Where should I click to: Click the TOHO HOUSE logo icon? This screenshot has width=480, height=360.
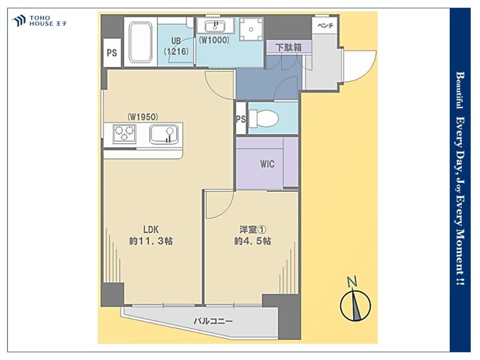(18, 21)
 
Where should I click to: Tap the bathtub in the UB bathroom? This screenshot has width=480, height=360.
(141, 42)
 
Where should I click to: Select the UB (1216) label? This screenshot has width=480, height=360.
(176, 46)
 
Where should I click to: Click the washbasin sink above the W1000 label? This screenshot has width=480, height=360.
(215, 26)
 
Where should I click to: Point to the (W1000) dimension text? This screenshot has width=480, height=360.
(214, 40)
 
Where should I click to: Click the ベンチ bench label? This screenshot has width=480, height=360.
(325, 26)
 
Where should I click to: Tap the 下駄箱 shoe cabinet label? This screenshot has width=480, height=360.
(288, 48)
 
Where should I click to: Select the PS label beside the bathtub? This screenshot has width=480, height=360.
(112, 53)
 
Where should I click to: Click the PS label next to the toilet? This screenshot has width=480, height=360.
(241, 119)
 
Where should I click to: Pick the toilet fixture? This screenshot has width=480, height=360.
(264, 119)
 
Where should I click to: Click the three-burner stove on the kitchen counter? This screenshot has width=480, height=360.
(125, 134)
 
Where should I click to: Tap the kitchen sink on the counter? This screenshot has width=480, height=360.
(164, 135)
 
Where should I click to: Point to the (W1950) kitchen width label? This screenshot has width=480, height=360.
(143, 117)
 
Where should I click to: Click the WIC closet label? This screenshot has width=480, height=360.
(267, 164)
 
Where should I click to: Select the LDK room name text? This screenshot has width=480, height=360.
(151, 229)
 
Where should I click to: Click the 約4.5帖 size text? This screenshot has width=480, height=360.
(252, 241)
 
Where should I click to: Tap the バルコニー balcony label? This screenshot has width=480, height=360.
(213, 321)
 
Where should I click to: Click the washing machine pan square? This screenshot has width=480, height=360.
(251, 29)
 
